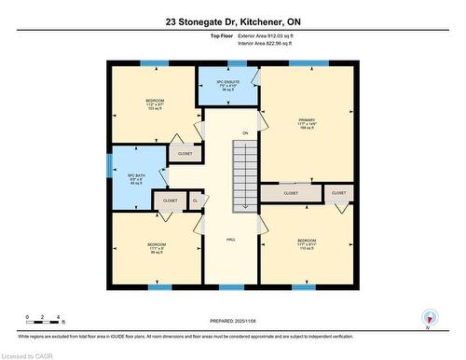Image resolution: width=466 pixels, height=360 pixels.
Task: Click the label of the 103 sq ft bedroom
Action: tap(155, 104)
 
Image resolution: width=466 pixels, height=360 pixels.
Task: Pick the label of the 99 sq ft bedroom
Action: tap(156, 249)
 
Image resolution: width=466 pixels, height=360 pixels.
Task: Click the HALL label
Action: tap(231, 241)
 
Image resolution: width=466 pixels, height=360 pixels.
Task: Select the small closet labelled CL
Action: tap(196, 200)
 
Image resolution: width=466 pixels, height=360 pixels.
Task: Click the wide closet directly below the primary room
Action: tap(290, 193)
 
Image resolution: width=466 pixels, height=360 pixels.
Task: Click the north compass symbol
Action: tap(430, 317)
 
